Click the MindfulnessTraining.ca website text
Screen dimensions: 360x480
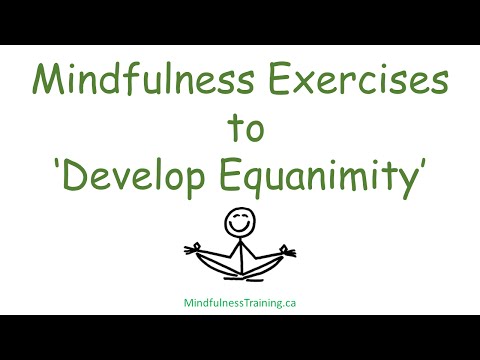[x=239, y=297]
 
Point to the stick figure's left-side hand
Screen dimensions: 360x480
[x=193, y=249]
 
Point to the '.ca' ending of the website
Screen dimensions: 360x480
[x=289, y=297]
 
